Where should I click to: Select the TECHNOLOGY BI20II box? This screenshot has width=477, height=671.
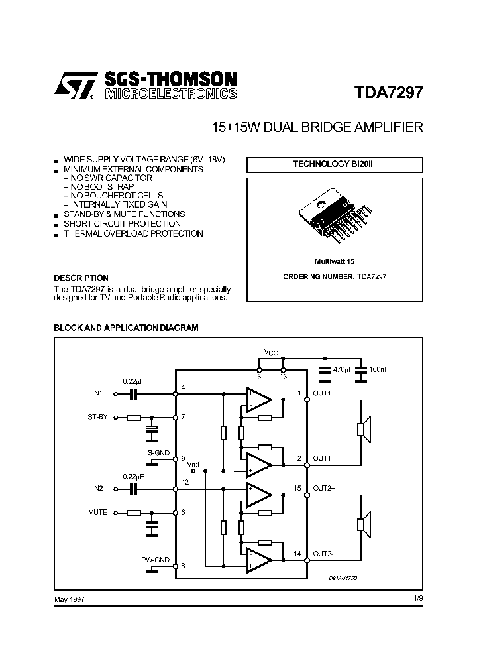tap(334, 165)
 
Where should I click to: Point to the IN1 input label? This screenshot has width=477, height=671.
tap(97, 394)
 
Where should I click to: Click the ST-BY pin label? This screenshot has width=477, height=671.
tap(98, 418)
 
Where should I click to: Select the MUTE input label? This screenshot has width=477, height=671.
tap(97, 513)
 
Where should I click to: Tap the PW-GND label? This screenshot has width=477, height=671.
tap(155, 560)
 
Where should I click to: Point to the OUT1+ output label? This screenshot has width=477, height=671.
tap(324, 394)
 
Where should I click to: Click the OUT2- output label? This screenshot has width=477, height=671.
tap(323, 554)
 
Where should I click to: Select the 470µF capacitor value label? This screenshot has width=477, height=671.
tap(344, 368)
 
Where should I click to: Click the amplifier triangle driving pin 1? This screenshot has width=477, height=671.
tap(258, 399)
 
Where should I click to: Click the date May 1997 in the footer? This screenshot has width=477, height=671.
tap(69, 599)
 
